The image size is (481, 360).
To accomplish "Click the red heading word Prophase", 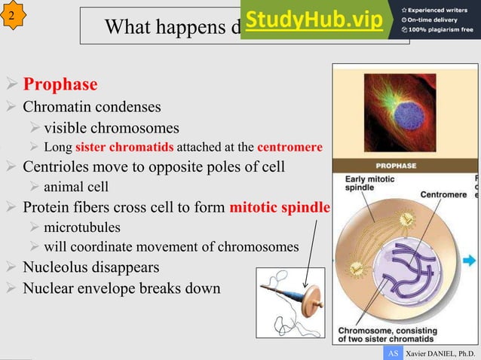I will (60, 83).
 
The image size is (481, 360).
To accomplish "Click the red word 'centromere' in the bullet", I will (290, 146).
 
